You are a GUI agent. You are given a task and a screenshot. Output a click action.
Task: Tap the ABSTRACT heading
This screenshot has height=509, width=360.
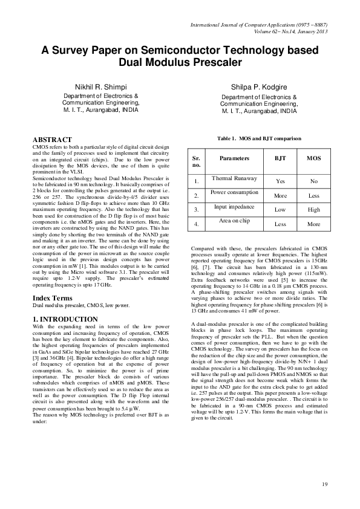(x=55, y=140)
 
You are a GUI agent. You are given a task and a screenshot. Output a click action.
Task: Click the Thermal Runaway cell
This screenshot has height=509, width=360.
(x=234, y=178)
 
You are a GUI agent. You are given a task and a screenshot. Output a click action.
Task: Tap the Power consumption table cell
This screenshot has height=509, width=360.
(x=234, y=192)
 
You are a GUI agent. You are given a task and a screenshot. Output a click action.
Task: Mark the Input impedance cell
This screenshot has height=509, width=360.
(x=234, y=207)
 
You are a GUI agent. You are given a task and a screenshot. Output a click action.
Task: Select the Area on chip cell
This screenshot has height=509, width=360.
(x=234, y=221)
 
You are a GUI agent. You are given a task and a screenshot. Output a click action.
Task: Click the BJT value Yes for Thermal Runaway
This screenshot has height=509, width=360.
(x=281, y=181)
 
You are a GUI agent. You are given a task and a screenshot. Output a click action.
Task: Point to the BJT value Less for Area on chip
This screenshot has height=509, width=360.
(x=281, y=224)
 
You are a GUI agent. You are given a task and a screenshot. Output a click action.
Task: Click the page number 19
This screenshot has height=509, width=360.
(x=324, y=484)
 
